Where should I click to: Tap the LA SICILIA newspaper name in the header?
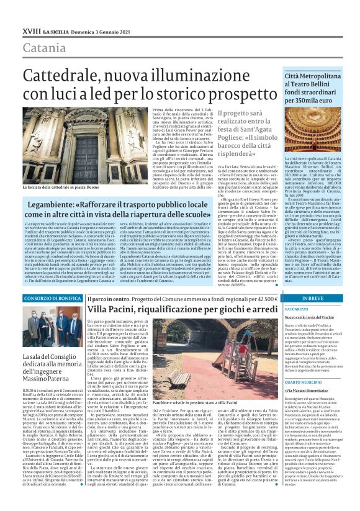click(55, 30)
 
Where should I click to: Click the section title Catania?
click(44, 48)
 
